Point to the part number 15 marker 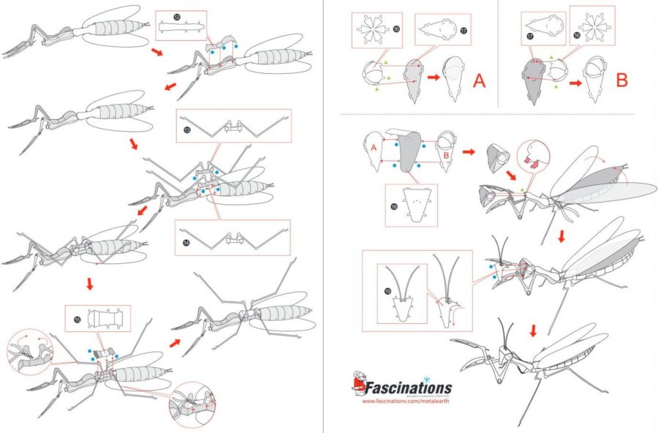(77, 319)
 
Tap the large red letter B (621, 80)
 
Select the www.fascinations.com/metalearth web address (407, 402)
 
